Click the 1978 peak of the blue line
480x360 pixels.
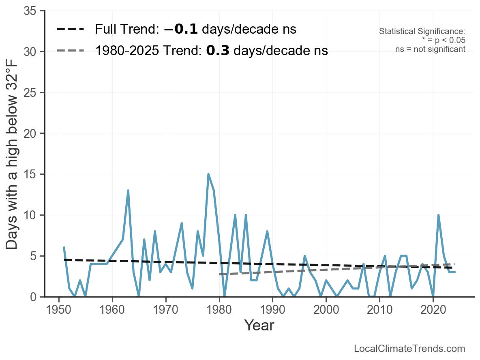[x=208, y=174]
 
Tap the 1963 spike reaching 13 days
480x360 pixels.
[x=128, y=191]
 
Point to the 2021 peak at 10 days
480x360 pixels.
[x=438, y=215]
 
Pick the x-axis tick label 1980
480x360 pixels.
[x=219, y=310]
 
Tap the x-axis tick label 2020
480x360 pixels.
[x=433, y=310]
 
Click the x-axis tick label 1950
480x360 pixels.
[x=59, y=310]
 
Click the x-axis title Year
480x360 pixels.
[x=259, y=325]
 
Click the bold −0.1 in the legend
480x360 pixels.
[x=181, y=29]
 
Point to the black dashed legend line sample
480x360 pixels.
[x=71, y=29]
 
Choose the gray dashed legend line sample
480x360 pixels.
[x=71, y=50]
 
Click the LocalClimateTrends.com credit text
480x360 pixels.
[x=409, y=349]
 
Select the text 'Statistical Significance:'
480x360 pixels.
[x=422, y=32]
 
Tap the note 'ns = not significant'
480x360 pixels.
[x=430, y=49]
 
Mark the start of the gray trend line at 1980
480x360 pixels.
[x=219, y=274]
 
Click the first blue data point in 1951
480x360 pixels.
[x=64, y=247]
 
